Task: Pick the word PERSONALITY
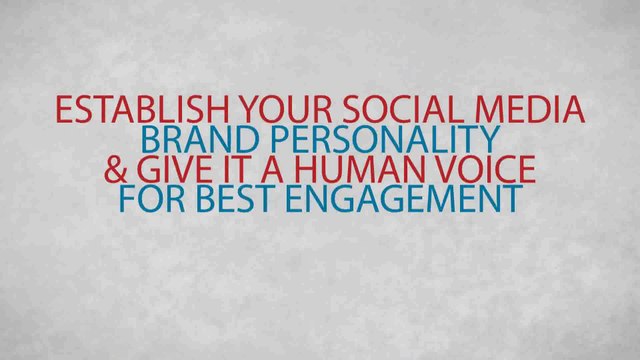pyautogui.click(x=373, y=139)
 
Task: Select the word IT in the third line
pyautogui.click(x=240, y=169)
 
